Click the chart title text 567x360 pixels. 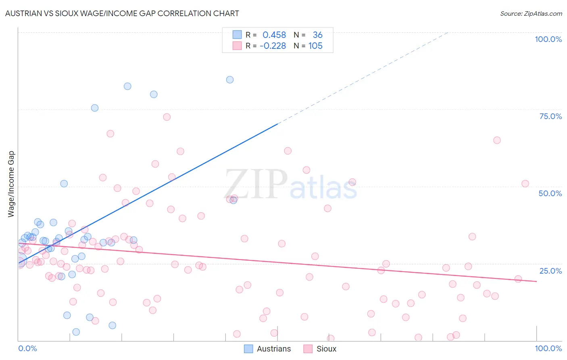(x=122, y=14)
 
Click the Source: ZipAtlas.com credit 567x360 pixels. (x=531, y=14)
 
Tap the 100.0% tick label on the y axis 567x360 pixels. (x=548, y=39)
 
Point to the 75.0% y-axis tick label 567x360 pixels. (x=550, y=116)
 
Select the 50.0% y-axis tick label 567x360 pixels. (x=550, y=193)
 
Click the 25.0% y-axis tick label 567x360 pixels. (x=550, y=270)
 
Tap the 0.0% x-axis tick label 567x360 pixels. (x=27, y=348)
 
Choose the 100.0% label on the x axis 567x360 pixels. (x=548, y=348)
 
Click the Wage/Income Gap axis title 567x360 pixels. (x=11, y=184)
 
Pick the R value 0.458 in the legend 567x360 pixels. (x=274, y=35)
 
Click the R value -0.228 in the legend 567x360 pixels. (x=273, y=46)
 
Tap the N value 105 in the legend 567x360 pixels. (x=315, y=46)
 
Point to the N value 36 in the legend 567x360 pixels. (x=317, y=35)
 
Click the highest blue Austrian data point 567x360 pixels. (x=230, y=80)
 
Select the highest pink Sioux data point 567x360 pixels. (x=167, y=117)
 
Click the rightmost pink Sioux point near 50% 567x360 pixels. (x=525, y=184)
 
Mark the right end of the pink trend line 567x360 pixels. (x=536, y=281)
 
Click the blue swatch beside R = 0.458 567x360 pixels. (x=237, y=35)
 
